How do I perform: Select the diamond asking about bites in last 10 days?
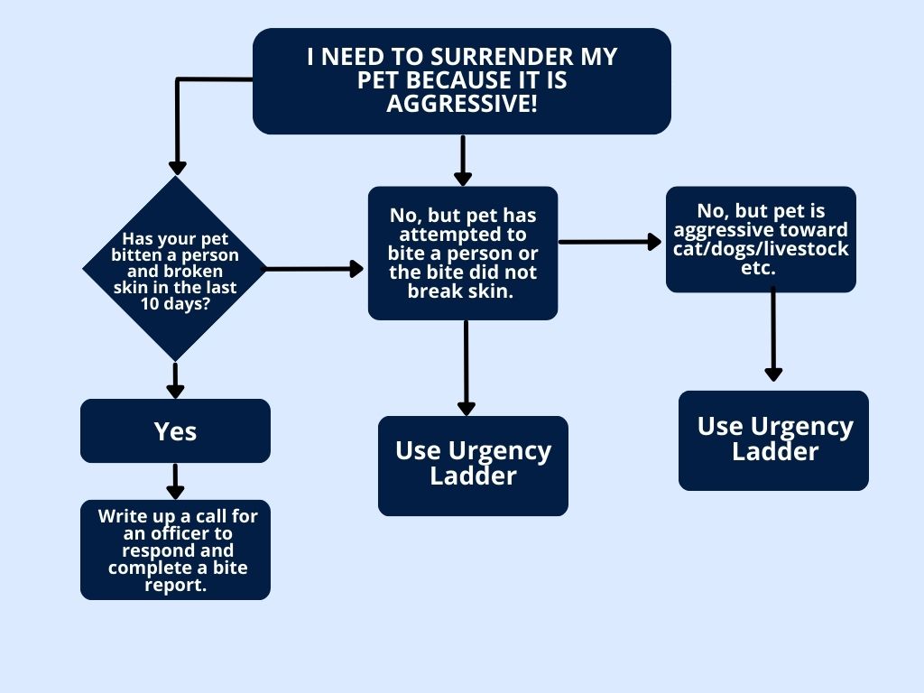click(175, 268)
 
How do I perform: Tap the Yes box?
click(175, 431)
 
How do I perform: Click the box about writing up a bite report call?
click(175, 550)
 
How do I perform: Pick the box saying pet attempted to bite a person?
click(462, 253)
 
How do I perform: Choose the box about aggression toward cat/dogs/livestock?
click(761, 239)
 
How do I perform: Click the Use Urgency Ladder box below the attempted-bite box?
click(473, 466)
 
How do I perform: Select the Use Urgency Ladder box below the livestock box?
click(773, 440)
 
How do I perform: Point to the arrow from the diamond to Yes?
click(175, 380)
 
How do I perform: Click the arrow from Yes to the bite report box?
click(175, 481)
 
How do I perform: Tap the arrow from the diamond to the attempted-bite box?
click(312, 269)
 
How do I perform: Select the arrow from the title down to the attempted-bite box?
click(463, 161)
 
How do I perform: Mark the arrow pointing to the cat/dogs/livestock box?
click(610, 242)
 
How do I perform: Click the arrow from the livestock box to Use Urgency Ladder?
click(773, 334)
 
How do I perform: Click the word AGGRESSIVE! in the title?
click(461, 104)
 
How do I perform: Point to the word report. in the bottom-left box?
click(175, 585)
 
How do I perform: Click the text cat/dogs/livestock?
click(761, 249)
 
